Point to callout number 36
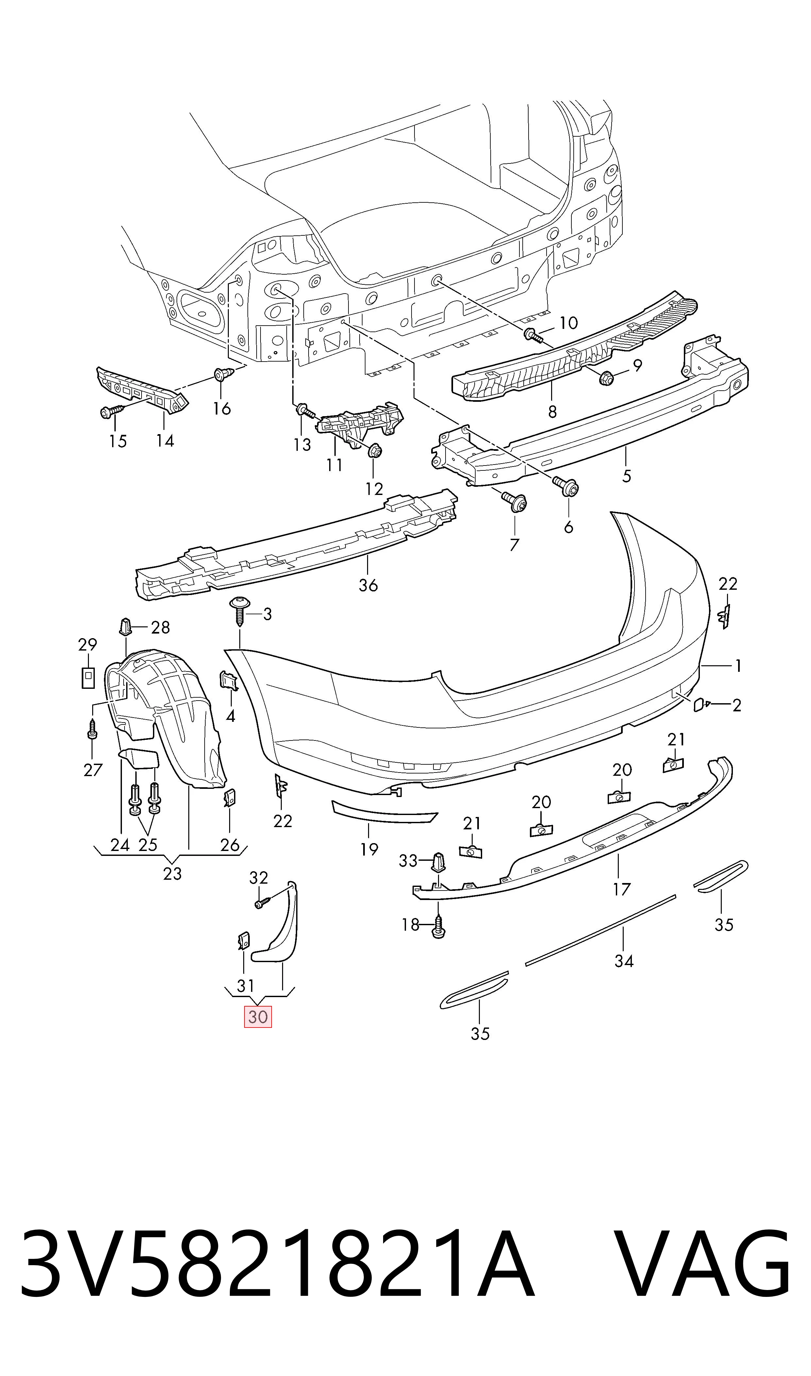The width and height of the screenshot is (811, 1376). point(368,585)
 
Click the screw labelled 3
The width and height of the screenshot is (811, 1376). point(239,613)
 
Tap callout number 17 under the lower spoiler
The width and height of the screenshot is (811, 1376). point(621,890)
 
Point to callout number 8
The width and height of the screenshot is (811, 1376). point(552,412)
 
